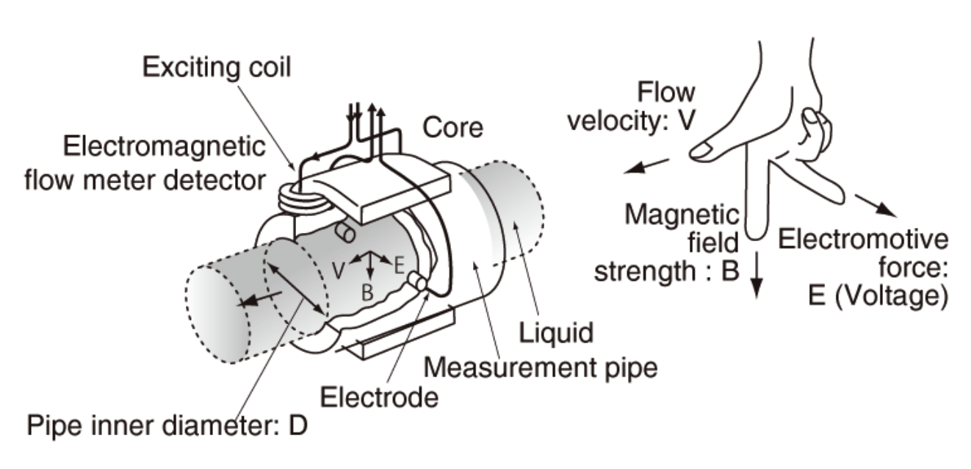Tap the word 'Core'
pos(453,128)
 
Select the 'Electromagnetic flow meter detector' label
pos(164,163)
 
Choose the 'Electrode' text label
pos(379,398)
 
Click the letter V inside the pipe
pos(339,269)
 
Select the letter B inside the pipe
pos(368,292)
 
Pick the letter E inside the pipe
pos(399,265)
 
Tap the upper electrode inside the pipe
pos(344,233)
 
